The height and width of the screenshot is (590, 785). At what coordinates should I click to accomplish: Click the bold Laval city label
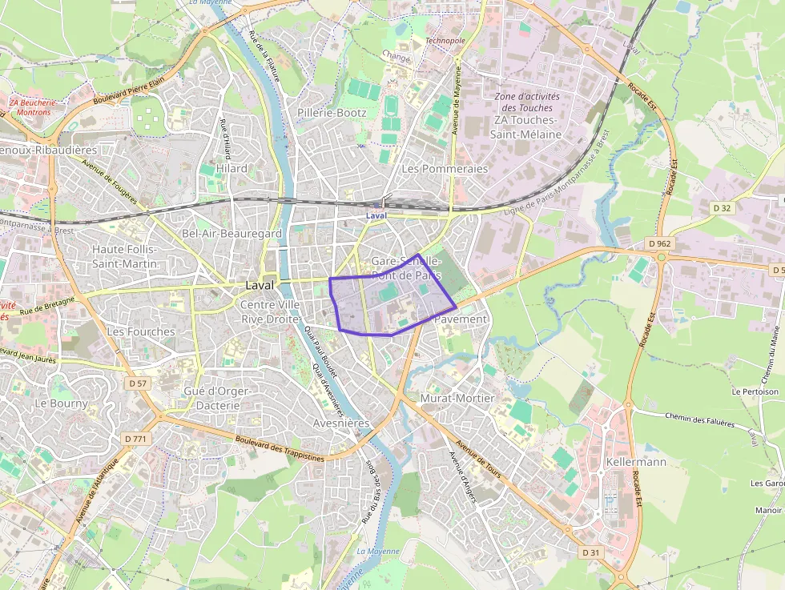pos(259,285)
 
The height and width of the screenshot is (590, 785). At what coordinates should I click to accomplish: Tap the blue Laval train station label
pos(376,216)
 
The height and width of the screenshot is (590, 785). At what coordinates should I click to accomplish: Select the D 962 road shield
pos(660,243)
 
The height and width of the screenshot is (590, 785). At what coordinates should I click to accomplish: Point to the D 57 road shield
pos(138,383)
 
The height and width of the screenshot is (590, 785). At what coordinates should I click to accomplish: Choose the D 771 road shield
pos(137,439)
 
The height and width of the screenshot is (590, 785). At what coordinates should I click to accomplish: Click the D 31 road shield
pos(591,552)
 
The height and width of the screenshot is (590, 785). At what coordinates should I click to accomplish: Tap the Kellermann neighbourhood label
pos(637,462)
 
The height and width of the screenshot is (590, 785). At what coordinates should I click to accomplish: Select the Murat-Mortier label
pos(457,398)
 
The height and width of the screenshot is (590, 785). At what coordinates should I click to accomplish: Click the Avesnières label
pos(341,423)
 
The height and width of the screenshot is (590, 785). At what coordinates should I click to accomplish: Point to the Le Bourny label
pos(62,403)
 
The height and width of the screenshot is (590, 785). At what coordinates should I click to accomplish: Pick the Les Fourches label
pos(141,331)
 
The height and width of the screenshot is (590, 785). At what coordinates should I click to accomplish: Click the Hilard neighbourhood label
pos(231,168)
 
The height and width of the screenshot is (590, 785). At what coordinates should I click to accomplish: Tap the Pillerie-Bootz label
pos(332,113)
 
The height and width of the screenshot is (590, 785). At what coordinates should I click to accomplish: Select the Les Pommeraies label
pos(445,169)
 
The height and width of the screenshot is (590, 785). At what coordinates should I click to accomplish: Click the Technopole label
pos(445,40)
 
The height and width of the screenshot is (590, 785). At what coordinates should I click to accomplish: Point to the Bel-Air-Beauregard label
pos(231,233)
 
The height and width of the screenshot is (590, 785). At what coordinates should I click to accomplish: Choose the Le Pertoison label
pos(755,392)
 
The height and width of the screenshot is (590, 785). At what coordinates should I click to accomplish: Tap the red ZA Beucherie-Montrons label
pos(33,107)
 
